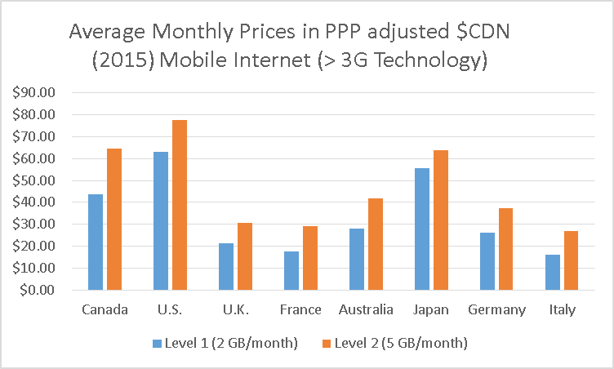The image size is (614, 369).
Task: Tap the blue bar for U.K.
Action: (225, 266)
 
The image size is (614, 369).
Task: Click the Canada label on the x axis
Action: (104, 310)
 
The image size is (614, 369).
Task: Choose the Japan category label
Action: (429, 310)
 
